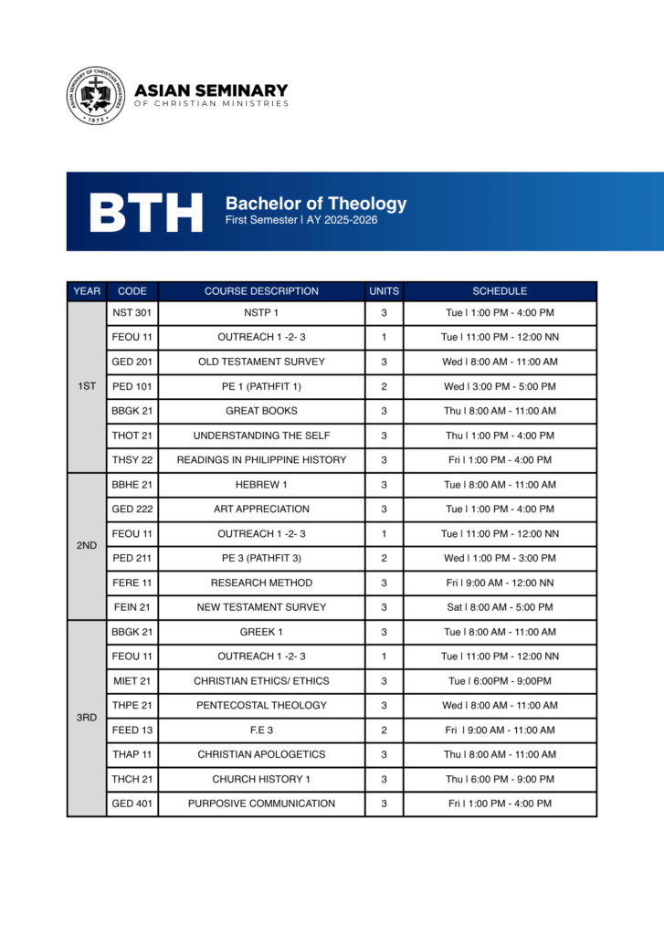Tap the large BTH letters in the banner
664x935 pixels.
pyautogui.click(x=146, y=212)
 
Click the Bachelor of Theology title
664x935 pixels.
pyautogui.click(x=316, y=204)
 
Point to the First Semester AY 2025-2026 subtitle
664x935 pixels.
pyautogui.click(x=301, y=220)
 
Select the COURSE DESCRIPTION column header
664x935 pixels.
pyautogui.click(x=261, y=291)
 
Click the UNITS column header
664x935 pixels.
pyautogui.click(x=384, y=291)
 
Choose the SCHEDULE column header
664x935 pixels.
pyautogui.click(x=500, y=291)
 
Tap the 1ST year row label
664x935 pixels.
pyautogui.click(x=87, y=386)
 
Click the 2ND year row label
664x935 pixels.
pyautogui.click(x=87, y=545)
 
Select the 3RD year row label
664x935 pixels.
pyautogui.click(x=87, y=718)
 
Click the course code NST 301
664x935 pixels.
pyautogui.click(x=132, y=313)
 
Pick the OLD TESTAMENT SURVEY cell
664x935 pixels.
pyautogui.click(x=261, y=362)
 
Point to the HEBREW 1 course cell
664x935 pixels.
pyautogui.click(x=261, y=485)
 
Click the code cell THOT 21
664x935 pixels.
pyautogui.click(x=132, y=436)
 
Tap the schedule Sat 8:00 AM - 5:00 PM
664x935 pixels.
pyautogui.click(x=500, y=607)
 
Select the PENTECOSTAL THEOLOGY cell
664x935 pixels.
pyautogui.click(x=261, y=706)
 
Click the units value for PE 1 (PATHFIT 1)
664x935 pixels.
pyautogui.click(x=384, y=386)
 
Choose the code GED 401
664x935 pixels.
pyautogui.click(x=132, y=804)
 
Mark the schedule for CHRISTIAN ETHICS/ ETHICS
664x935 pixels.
pyautogui.click(x=500, y=681)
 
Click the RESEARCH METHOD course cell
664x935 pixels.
pyautogui.click(x=261, y=583)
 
